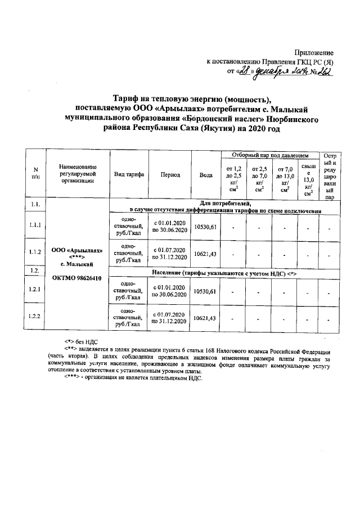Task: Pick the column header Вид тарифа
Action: (129, 174)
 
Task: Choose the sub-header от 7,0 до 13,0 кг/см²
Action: (285, 179)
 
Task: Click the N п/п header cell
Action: (35, 174)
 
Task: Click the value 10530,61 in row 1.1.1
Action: (205, 226)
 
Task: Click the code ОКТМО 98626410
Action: (76, 277)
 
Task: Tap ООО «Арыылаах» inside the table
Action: (76, 249)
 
